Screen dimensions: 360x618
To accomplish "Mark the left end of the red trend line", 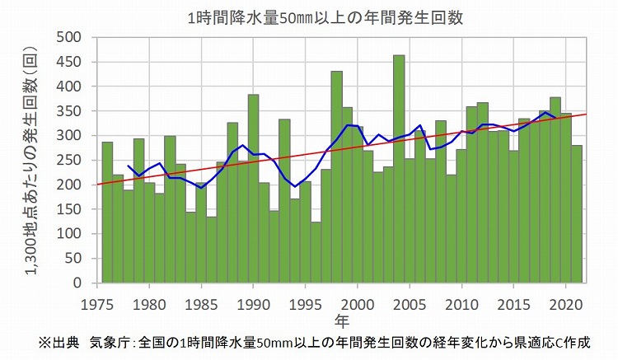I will click(96, 185).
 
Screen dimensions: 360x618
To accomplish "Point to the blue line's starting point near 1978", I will click(128, 166).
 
